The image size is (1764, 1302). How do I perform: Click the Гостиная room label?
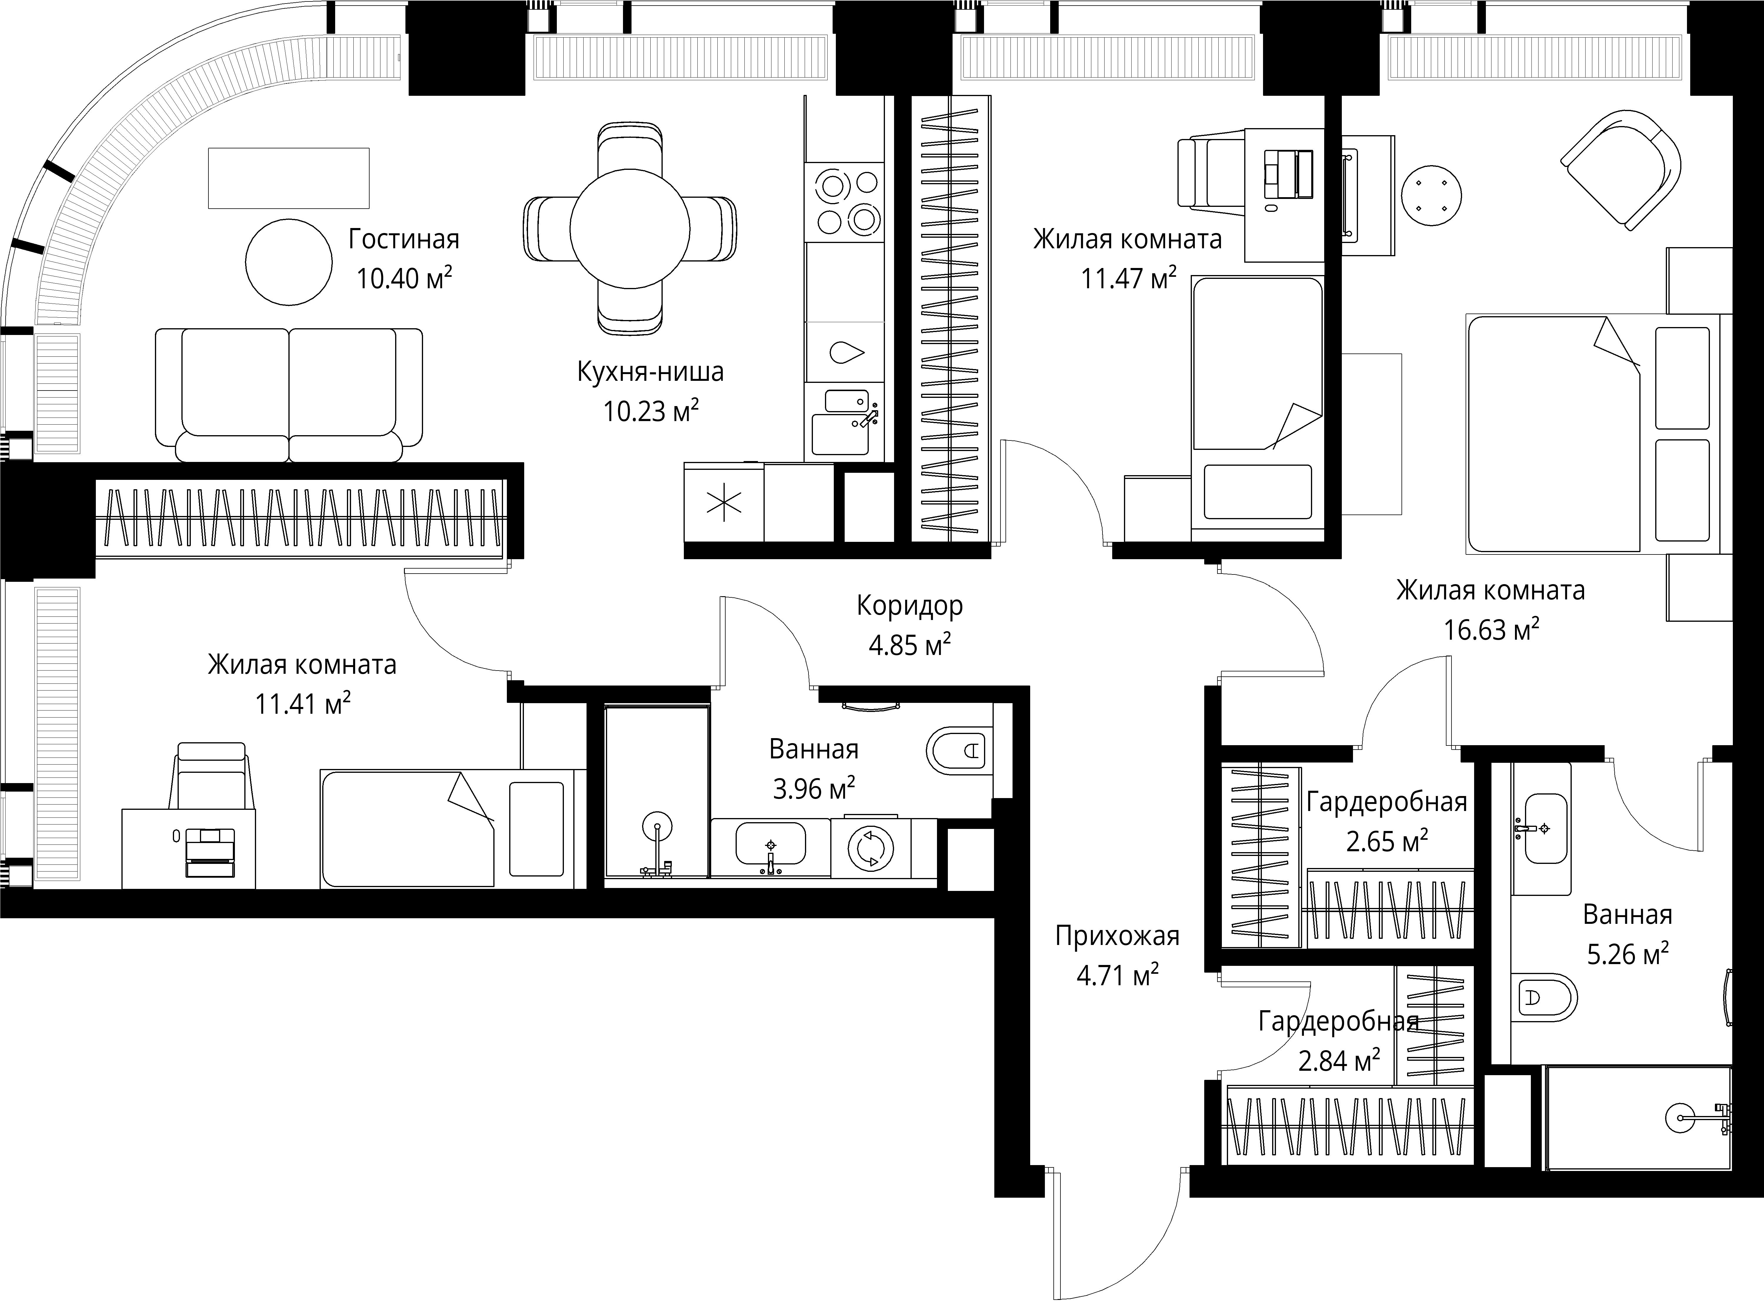tap(404, 239)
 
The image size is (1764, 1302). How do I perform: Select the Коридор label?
tap(910, 606)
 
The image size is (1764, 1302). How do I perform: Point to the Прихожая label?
tap(1117, 936)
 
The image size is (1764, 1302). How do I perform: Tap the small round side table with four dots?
tap(1431, 195)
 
